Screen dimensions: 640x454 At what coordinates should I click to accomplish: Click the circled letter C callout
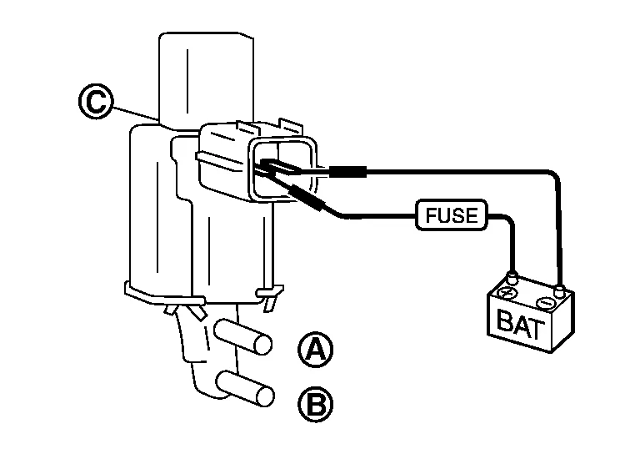click(x=95, y=102)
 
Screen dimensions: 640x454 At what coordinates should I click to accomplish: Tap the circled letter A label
click(x=315, y=349)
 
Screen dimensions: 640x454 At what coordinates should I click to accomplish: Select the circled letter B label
click(x=315, y=405)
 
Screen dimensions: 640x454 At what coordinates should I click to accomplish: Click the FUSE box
click(x=452, y=215)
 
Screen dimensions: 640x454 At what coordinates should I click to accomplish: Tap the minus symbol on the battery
click(x=545, y=303)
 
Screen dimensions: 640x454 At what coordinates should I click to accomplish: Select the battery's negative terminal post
click(x=560, y=291)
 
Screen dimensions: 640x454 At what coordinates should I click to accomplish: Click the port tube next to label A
click(x=243, y=336)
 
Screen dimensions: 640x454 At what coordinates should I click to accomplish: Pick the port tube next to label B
click(x=245, y=389)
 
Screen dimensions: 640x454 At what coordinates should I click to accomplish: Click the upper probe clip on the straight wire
click(x=347, y=172)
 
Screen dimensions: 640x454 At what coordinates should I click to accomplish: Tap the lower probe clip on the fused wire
click(x=305, y=197)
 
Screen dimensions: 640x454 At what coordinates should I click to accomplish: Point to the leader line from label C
click(x=135, y=114)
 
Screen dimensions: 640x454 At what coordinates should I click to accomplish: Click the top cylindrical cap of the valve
click(x=206, y=80)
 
